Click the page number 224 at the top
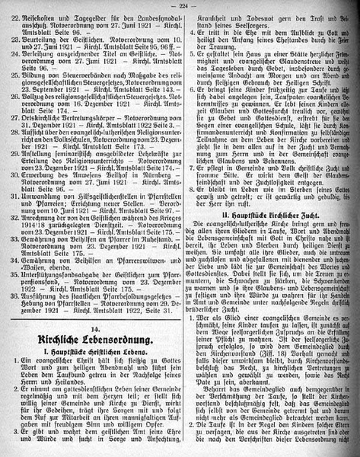click(179, 8)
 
